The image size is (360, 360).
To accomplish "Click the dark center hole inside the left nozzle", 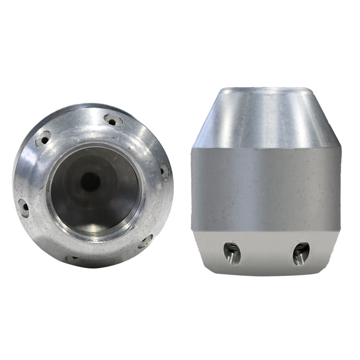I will click(90, 182).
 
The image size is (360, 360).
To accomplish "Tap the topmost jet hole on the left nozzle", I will click(113, 120).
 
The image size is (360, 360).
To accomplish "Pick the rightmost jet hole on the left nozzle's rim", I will click(165, 171).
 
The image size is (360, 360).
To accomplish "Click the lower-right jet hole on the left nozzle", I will click(145, 242).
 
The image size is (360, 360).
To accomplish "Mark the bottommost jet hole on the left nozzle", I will click(72, 259).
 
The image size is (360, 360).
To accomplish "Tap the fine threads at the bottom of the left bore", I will click(101, 232).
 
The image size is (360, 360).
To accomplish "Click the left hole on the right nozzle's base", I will click(232, 253).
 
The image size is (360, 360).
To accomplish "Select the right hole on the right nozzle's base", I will click(301, 253).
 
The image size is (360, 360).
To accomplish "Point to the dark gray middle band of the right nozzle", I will click(265, 189).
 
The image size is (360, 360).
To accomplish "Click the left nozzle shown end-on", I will click(92, 184).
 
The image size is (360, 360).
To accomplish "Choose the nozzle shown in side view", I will click(265, 180).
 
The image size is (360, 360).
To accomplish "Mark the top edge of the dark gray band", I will click(265, 148).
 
